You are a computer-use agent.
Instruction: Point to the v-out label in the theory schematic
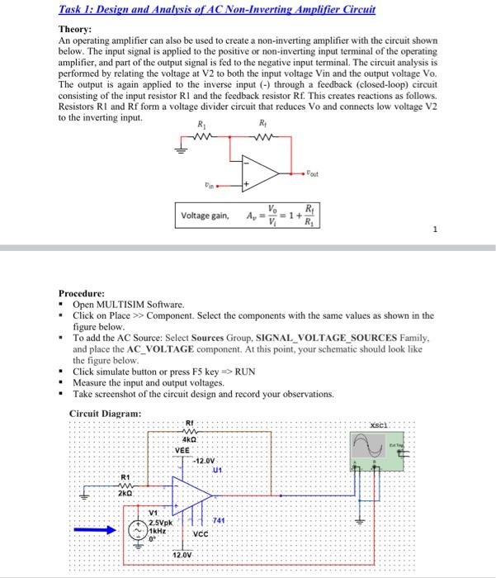(311, 174)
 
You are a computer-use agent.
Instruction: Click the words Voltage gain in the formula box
(205, 216)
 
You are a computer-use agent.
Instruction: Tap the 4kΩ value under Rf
(189, 441)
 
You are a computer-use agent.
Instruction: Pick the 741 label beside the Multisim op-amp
(220, 519)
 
